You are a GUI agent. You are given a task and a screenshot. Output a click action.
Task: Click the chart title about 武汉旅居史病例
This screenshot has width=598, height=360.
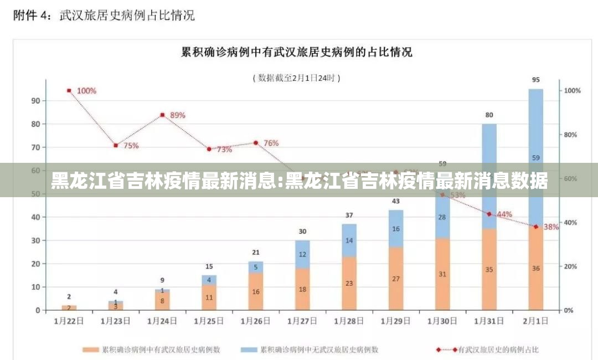tap(297, 53)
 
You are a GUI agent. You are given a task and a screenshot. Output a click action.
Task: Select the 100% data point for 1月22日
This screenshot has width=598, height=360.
tap(69, 90)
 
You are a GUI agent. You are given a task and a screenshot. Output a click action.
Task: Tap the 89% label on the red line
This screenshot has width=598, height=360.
tap(178, 115)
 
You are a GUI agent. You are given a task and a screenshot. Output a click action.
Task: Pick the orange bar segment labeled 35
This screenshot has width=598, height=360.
tap(489, 270)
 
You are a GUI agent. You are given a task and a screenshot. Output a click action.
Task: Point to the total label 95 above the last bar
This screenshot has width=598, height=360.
tap(535, 80)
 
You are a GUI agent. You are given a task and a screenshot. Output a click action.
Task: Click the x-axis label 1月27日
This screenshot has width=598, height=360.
tap(302, 320)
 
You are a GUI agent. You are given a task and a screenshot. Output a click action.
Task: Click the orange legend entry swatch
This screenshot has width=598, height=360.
tap(91, 349)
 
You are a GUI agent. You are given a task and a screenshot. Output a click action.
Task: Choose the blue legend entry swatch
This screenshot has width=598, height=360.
tap(249, 349)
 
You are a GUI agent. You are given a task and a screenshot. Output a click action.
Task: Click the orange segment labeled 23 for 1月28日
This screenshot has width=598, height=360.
tap(349, 283)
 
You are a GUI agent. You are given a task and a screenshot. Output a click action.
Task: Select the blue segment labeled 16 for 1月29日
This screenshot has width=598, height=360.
tap(395, 229)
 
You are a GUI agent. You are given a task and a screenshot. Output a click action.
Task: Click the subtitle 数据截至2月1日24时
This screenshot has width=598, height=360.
tap(297, 78)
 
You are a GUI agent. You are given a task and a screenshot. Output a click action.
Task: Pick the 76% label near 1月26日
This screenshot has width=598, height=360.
tap(271, 143)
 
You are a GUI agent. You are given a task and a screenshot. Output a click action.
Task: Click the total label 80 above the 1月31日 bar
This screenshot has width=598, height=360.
tap(489, 115)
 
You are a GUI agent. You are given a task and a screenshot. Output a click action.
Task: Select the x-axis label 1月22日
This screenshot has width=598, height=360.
tap(69, 320)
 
